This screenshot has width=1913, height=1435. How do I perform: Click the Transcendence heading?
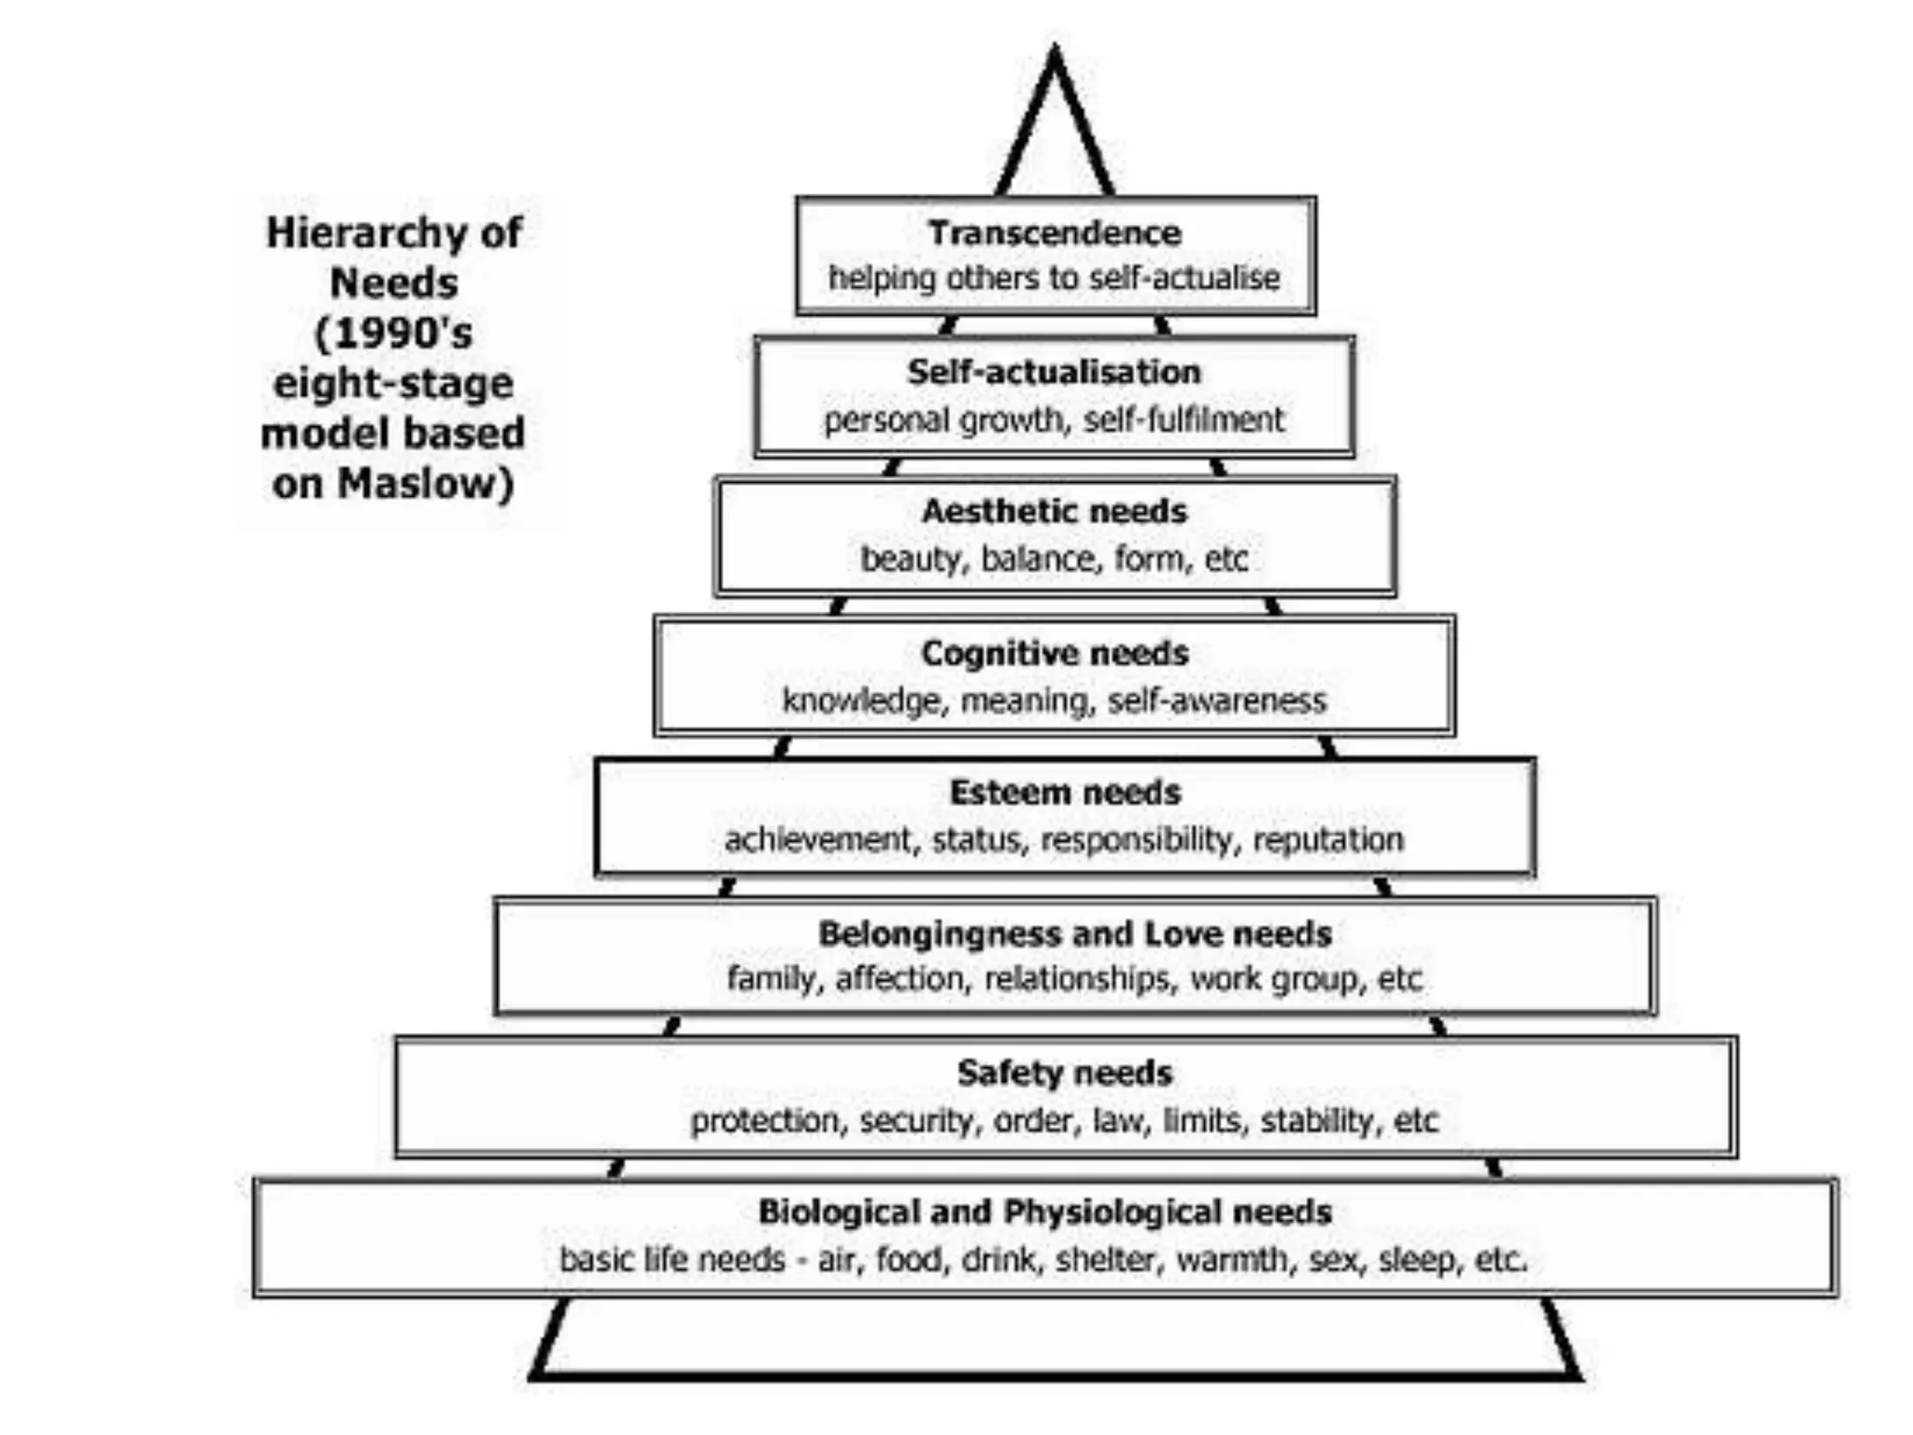pyautogui.click(x=1054, y=233)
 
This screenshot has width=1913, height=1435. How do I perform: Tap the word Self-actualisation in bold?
pyautogui.click(x=1054, y=372)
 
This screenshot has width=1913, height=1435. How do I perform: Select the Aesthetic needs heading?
pyautogui.click(x=1054, y=511)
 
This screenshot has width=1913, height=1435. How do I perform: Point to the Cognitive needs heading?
pyautogui.click(x=1054, y=652)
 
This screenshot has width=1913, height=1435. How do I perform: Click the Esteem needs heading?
pyautogui.click(x=1065, y=792)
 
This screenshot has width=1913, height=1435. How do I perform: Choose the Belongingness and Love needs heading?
pyautogui.click(x=1074, y=933)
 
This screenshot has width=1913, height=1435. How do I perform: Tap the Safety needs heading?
pyautogui.click(x=1064, y=1073)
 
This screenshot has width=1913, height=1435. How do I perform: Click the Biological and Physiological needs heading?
pyautogui.click(x=1044, y=1212)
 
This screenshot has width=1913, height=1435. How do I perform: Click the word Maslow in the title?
pyautogui.click(x=425, y=484)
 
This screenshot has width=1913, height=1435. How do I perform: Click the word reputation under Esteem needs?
pyautogui.click(x=1327, y=840)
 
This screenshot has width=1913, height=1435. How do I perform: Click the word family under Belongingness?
pyautogui.click(x=772, y=979)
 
